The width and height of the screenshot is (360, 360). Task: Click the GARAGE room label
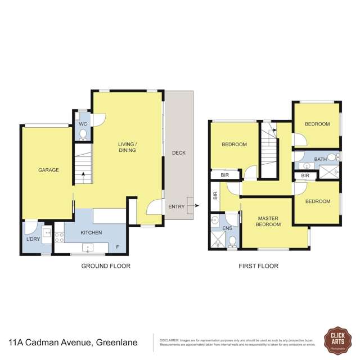pos(48,170)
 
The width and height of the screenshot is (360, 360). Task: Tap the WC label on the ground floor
pos(83,124)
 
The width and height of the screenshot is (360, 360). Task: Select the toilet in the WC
pos(83,134)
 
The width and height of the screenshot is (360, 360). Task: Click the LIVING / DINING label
pos(128,147)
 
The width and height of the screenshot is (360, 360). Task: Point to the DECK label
pos(178,153)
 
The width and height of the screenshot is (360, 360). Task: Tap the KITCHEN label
pos(91,232)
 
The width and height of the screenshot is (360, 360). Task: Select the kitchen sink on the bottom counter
pos(88,247)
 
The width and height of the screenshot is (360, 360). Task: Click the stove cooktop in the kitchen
pos(58,237)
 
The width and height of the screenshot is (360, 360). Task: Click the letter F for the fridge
pos(117,247)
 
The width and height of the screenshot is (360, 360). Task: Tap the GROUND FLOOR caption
pos(106,266)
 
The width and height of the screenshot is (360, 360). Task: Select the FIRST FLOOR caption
pos(259,266)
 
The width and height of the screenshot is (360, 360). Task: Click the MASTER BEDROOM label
pos(268,221)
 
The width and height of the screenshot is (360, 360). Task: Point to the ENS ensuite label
pos(227,228)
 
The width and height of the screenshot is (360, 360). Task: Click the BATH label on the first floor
pos(320,160)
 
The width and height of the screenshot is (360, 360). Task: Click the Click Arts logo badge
pos(336,341)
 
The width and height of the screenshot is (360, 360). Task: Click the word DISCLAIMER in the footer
pos(169,340)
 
